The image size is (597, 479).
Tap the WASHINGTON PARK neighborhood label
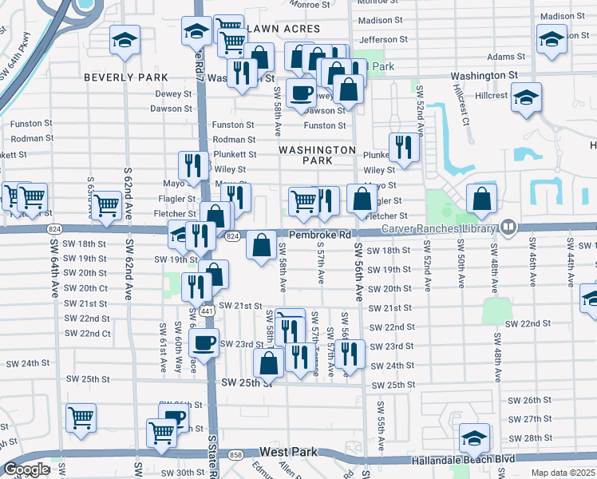click(x=317, y=155)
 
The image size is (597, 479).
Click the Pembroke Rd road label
click(x=320, y=235)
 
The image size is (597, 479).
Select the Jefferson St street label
click(x=383, y=38)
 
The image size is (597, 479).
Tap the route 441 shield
click(x=206, y=310)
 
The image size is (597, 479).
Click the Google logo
click(x=26, y=469)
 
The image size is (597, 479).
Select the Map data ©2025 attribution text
click(x=563, y=473)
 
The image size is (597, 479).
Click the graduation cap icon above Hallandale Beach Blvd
click(x=474, y=437)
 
